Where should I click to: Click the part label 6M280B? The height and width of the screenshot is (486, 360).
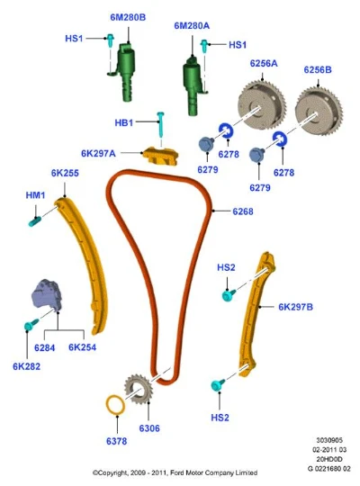click(128, 17)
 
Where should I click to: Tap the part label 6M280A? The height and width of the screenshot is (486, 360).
click(192, 26)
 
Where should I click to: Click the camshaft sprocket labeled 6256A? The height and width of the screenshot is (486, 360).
click(261, 105)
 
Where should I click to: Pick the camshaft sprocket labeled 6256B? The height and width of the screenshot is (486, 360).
click(319, 111)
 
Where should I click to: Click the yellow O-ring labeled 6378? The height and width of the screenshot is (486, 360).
click(116, 405)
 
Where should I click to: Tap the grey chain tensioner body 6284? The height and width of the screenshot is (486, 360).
click(47, 295)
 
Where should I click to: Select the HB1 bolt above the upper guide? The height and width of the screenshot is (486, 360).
click(160, 125)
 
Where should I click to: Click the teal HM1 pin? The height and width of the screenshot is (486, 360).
click(35, 221)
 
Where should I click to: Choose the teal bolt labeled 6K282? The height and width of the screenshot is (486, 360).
click(31, 324)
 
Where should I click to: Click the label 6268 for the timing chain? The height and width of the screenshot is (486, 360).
click(243, 211)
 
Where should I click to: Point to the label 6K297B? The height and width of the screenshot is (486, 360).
click(295, 307)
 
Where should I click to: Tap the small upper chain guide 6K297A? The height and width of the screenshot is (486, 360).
click(160, 156)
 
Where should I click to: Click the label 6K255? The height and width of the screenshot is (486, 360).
click(65, 173)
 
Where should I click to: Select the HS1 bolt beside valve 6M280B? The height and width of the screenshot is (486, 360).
click(111, 40)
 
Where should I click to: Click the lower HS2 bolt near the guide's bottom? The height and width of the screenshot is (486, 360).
click(218, 384)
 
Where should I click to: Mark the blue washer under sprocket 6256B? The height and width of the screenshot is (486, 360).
click(280, 139)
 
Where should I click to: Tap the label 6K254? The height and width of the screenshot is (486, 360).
click(82, 347)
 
